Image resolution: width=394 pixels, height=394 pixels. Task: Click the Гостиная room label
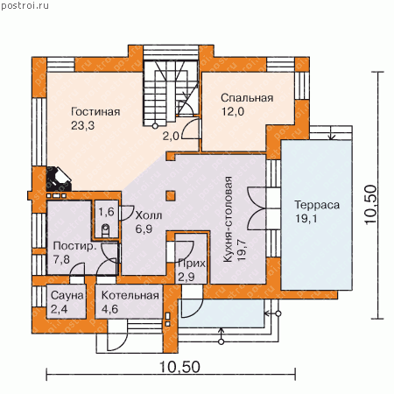pos(95,111)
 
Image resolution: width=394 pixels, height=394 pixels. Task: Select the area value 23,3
pos(82,125)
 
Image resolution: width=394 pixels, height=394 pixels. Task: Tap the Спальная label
pos(247,98)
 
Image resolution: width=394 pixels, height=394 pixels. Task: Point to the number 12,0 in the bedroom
pos(233,111)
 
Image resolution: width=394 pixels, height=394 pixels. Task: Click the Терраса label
pos(317,205)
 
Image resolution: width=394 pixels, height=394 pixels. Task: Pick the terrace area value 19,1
pos(306,218)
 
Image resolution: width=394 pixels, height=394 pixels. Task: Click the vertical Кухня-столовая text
pos(228,220)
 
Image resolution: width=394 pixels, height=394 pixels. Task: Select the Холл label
pos(149,215)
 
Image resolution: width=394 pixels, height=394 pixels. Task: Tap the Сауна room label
pos(67,295)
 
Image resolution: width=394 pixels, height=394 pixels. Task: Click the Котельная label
pos(130,295)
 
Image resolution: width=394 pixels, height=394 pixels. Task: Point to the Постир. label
pos(74,246)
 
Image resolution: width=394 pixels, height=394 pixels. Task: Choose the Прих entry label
pos(192,264)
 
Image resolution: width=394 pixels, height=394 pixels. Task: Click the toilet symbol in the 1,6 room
pos(105,230)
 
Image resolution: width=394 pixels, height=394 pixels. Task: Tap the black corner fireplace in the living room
pos(59,179)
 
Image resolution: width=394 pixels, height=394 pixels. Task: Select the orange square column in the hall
pos(171,196)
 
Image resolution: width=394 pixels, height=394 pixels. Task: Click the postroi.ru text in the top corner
pos(25,5)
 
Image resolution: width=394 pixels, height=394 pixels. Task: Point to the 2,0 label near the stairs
pos(171,136)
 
